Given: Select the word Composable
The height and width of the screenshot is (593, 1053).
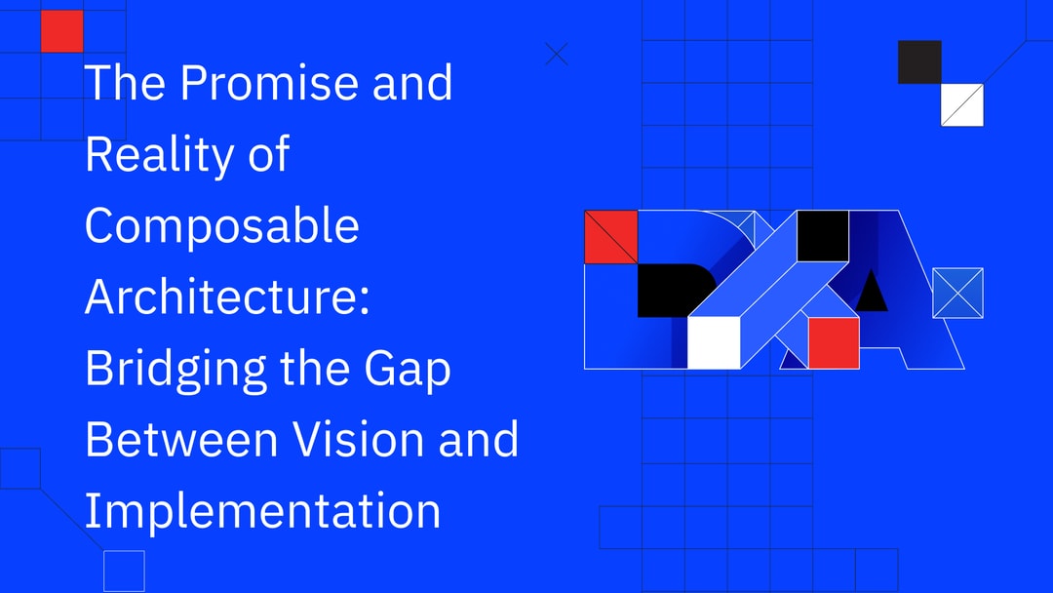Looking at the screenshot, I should point(222,226).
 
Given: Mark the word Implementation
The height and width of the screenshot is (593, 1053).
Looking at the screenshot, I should point(262,510).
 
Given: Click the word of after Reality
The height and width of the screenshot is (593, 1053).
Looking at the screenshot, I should point(266,155).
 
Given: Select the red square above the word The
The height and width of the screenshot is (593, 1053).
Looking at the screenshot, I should point(61,30).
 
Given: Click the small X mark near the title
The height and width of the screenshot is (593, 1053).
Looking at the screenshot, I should point(557,54).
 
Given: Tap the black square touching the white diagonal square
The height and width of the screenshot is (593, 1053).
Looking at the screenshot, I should point(919,61).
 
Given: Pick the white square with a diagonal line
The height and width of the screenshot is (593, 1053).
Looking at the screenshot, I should point(961,104).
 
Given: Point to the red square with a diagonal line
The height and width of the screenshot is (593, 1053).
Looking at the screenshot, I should point(610,237).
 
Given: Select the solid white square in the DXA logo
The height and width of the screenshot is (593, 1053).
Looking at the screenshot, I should point(714,343).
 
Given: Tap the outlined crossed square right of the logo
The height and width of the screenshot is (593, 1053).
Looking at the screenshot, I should point(957,293).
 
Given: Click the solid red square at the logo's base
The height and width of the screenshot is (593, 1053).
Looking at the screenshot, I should point(834,343).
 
